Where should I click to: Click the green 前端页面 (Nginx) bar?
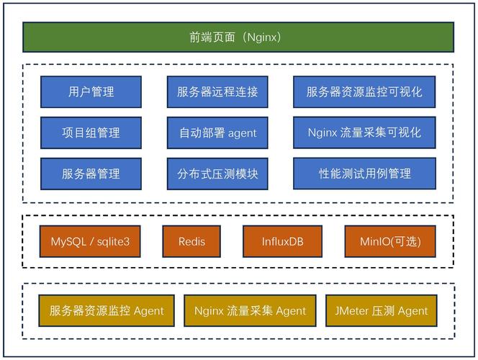[x=238, y=37]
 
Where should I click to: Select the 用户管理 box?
[x=91, y=92]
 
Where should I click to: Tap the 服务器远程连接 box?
[x=217, y=92]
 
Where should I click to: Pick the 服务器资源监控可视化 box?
[x=364, y=92]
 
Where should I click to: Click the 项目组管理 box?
[x=91, y=132]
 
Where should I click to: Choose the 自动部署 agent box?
[x=217, y=133]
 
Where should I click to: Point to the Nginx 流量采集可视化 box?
[x=364, y=132]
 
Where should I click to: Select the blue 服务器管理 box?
[x=91, y=174]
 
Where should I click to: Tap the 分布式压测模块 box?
[x=217, y=174]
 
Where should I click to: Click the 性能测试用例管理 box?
[x=364, y=174]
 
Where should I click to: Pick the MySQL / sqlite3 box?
[x=90, y=241]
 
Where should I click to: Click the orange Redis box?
[x=191, y=241]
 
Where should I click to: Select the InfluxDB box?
[x=282, y=241]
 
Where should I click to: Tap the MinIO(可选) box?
[x=390, y=241]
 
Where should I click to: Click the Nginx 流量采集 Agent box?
[x=250, y=311]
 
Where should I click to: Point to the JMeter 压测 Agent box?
[x=381, y=311]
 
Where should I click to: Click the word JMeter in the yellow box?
[x=351, y=311]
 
